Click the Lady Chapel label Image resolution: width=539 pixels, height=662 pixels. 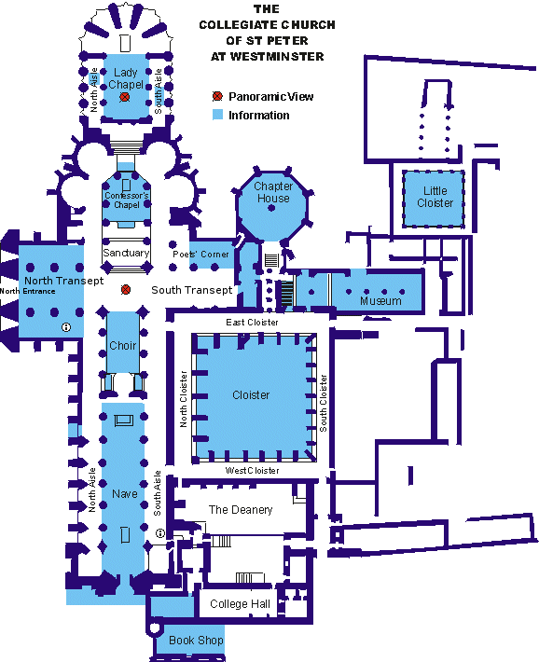coord(126,78)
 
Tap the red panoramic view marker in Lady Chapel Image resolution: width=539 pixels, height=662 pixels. coord(124,97)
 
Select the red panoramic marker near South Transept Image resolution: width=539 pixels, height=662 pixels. coord(126,290)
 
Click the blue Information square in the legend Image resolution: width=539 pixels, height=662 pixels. coord(217,115)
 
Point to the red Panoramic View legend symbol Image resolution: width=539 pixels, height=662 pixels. coord(217,96)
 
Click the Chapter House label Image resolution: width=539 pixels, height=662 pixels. coord(273,192)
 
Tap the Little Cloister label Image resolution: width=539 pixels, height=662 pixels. coord(435,197)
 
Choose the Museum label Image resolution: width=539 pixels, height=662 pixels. coord(380,300)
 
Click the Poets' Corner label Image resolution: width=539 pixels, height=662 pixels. coord(200,255)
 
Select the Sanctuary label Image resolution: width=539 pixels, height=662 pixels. coord(126,253)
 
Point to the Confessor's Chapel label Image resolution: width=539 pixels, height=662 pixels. coord(127,200)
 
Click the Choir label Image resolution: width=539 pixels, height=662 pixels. coord(123,345)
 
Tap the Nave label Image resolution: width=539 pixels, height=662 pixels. coord(125,493)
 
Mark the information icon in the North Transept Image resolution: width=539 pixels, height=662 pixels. coord(66,326)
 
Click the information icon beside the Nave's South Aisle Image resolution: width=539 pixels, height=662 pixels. coord(160,533)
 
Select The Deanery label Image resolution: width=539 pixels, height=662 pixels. coord(241,510)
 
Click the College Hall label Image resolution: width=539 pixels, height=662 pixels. coord(240,604)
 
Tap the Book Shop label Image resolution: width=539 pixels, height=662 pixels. coord(196,640)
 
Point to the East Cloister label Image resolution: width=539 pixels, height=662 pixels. coord(252,322)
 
